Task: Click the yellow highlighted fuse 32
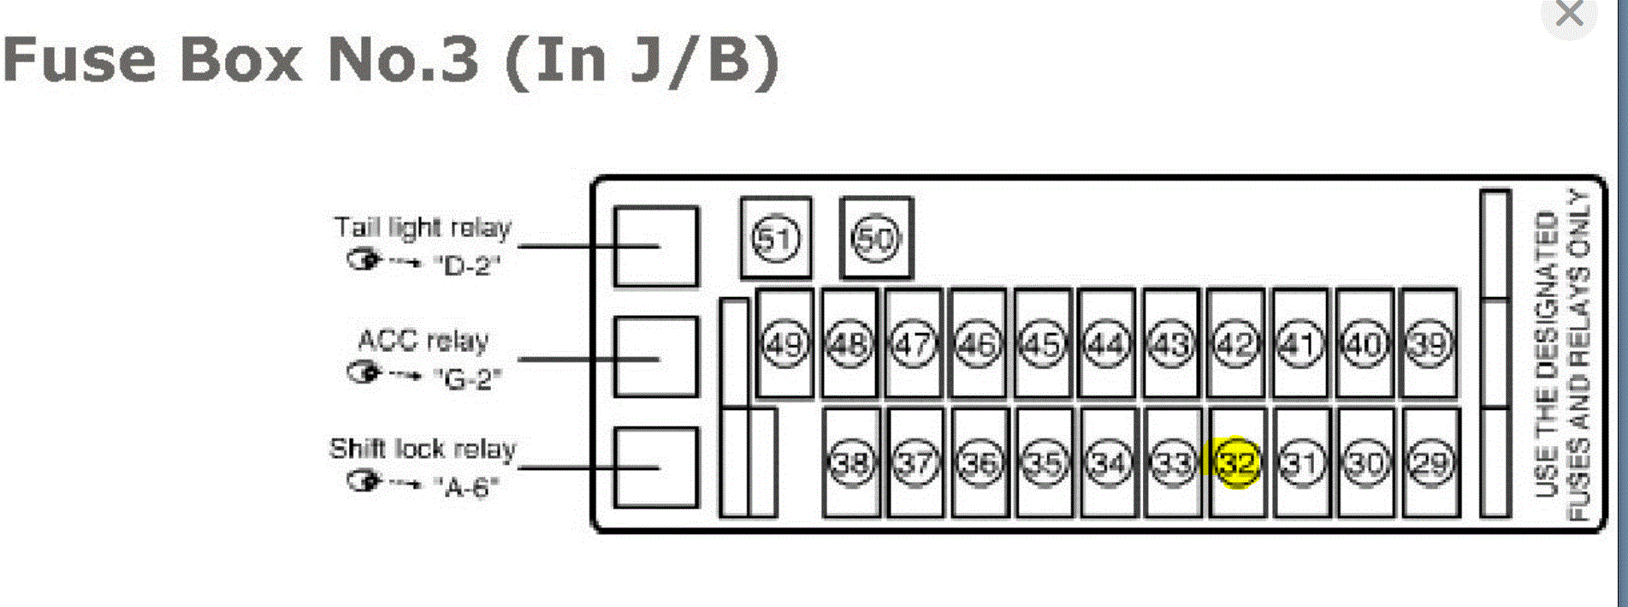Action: click(x=1236, y=463)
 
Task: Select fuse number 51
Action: click(x=776, y=239)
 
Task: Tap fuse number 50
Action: click(x=876, y=239)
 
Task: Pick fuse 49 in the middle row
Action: click(x=784, y=345)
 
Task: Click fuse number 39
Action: click(x=1429, y=345)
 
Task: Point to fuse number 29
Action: click(x=1430, y=463)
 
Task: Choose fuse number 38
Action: click(x=851, y=463)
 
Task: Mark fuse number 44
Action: click(x=1107, y=345)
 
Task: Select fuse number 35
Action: click(x=1044, y=463)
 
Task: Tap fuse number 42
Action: click(x=1235, y=345)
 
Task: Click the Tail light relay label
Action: click(x=423, y=228)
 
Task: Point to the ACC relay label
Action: click(x=423, y=341)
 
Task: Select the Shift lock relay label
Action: click(x=423, y=449)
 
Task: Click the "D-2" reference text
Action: click(x=466, y=265)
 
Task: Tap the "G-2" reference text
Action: click(x=467, y=378)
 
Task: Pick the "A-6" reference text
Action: click(x=466, y=487)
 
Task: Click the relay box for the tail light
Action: click(x=656, y=247)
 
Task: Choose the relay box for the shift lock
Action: click(x=656, y=467)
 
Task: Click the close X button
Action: click(x=1570, y=15)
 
